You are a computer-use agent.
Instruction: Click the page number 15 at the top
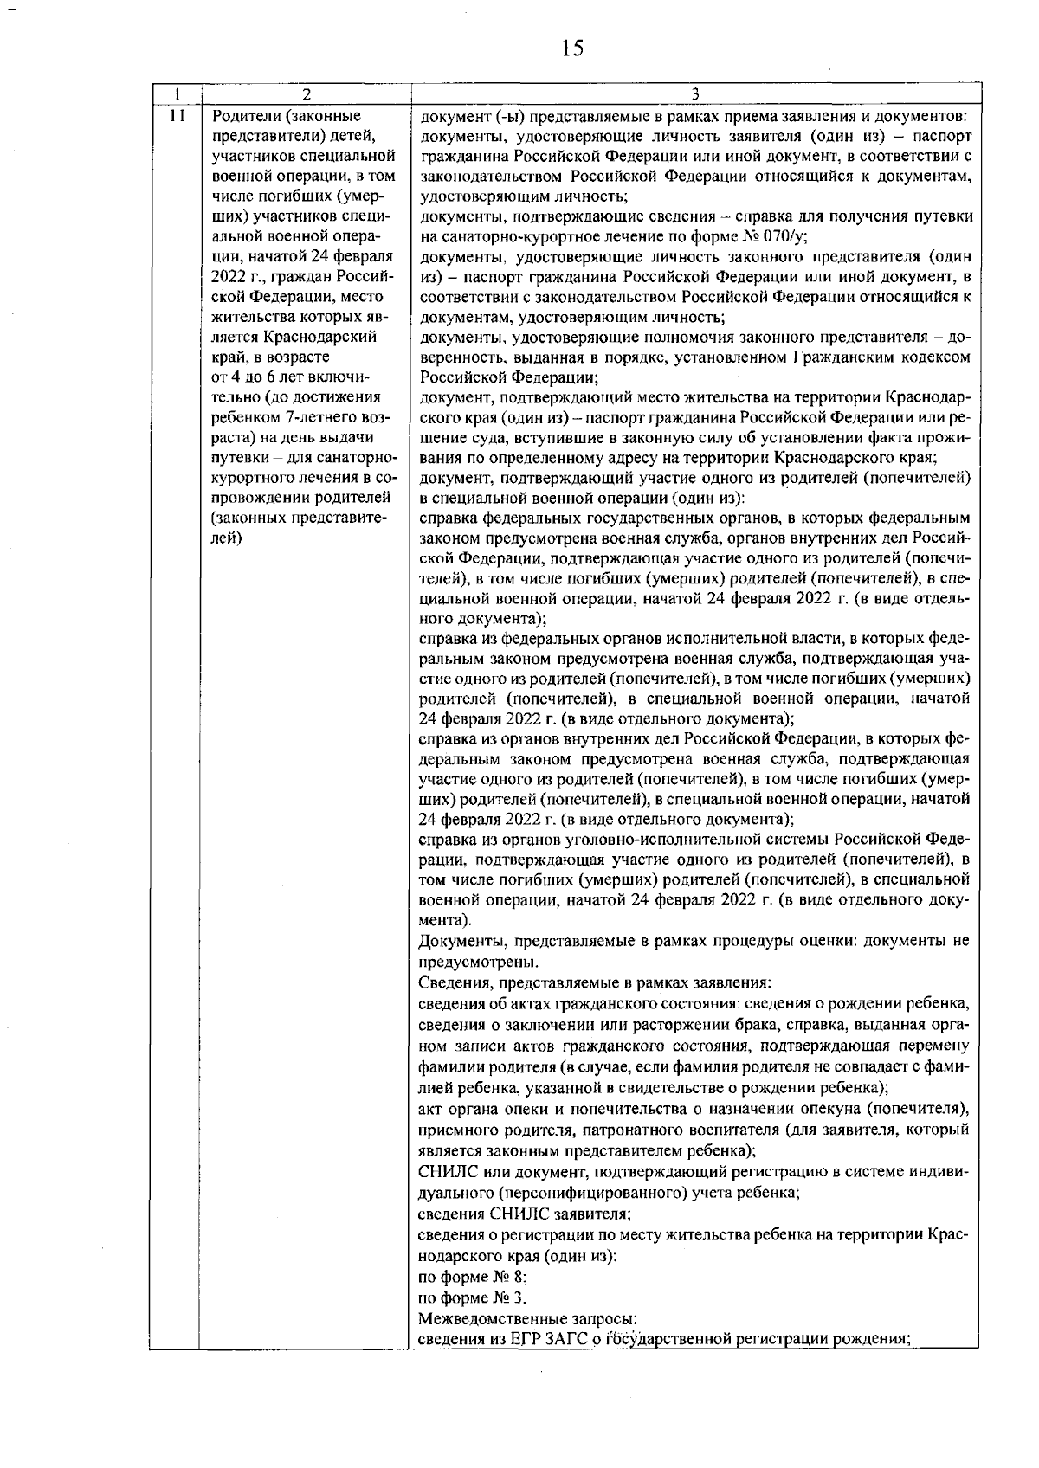(x=572, y=49)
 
